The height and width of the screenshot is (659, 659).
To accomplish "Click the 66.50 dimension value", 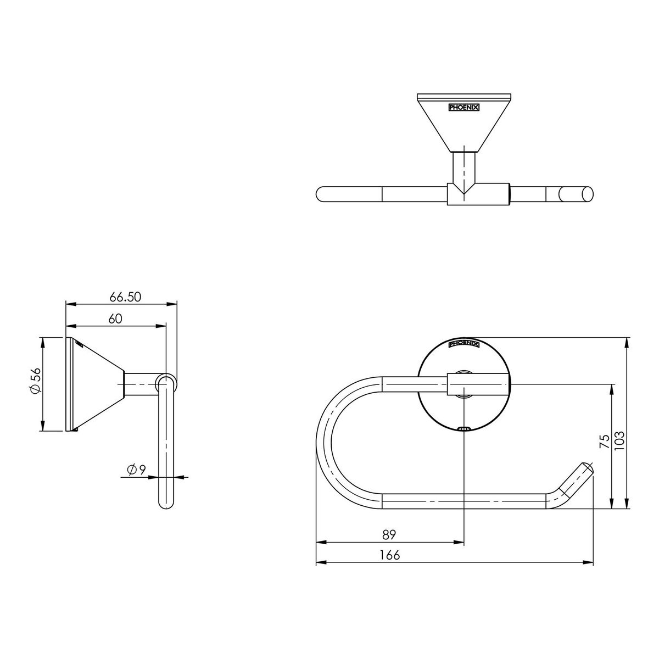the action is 125,297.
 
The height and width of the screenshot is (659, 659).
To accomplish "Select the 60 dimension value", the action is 115,319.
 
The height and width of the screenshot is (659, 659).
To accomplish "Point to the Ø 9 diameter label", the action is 136,470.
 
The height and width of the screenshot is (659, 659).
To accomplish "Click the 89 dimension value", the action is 389,534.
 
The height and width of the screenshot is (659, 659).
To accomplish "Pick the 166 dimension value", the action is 389,555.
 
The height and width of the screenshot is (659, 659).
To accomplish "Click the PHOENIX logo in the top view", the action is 463,108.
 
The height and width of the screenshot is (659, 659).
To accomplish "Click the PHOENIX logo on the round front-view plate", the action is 463,343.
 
